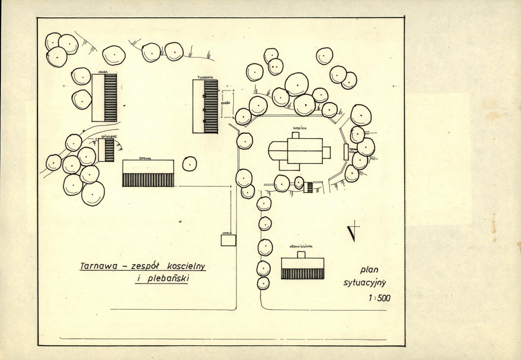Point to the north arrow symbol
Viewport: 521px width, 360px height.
pyautogui.click(x=355, y=231)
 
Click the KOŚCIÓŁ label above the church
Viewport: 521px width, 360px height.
pyautogui.click(x=300, y=129)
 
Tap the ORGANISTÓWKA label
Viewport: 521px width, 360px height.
pyautogui.click(x=302, y=246)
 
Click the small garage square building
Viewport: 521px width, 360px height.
pyautogui.click(x=228, y=240)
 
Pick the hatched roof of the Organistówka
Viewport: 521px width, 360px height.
pyautogui.click(x=302, y=273)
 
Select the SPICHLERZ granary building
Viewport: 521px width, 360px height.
pyautogui.click(x=106, y=150)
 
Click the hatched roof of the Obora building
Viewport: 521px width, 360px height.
pyautogui.click(x=110, y=98)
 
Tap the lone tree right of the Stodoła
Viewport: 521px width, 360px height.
pyautogui.click(x=189, y=163)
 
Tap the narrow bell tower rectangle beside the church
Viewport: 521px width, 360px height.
pyautogui.click(x=346, y=152)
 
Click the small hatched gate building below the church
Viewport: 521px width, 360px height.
pyautogui.click(x=308, y=187)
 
